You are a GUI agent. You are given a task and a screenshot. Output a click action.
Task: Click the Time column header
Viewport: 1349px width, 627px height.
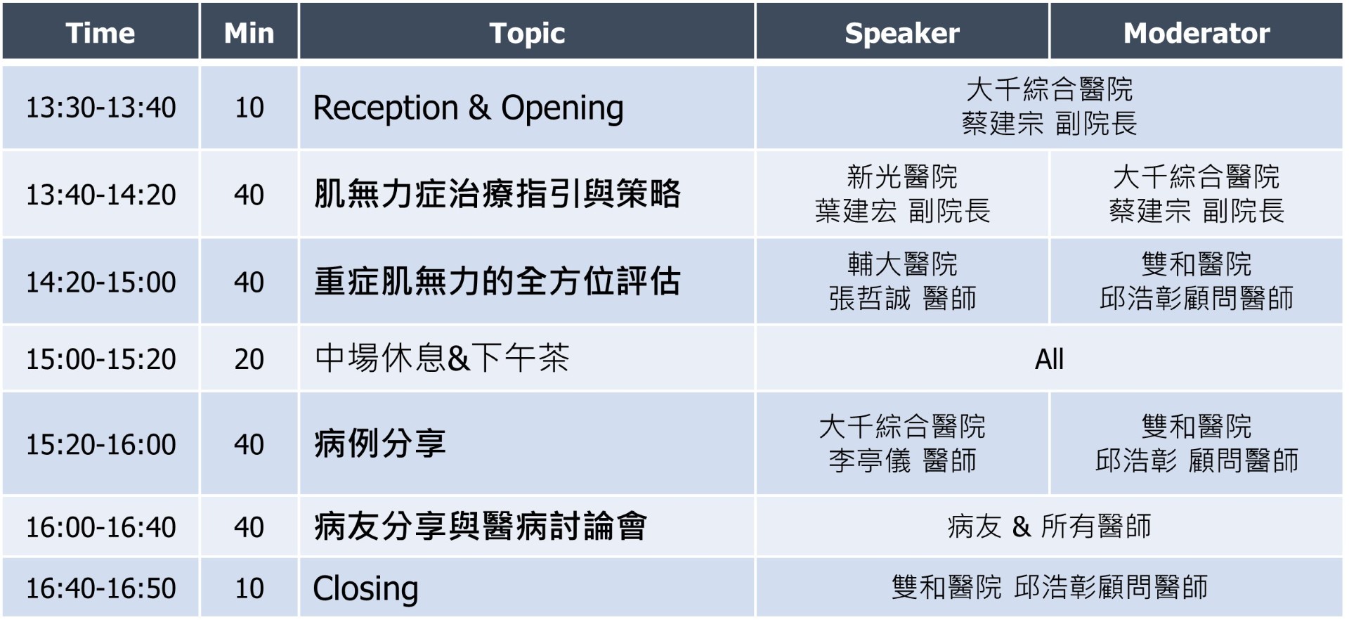[x=100, y=33]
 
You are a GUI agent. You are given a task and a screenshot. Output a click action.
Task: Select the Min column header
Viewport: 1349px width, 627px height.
[x=249, y=33]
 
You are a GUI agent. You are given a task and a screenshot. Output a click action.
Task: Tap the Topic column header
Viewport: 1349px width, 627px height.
[x=527, y=33]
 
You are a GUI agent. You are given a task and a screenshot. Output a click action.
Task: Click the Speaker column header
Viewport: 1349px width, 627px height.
[x=902, y=33]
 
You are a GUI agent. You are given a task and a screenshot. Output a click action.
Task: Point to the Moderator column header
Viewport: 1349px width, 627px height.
[x=1197, y=33]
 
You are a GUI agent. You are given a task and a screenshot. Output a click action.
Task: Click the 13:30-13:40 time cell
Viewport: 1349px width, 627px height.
[x=100, y=108]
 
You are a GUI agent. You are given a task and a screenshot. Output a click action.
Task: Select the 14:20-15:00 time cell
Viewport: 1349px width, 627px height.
[x=100, y=282]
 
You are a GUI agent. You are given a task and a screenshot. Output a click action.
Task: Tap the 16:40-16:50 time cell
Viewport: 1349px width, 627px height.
[x=100, y=588]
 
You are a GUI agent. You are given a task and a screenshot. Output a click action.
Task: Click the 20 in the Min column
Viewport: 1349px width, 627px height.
[x=249, y=359]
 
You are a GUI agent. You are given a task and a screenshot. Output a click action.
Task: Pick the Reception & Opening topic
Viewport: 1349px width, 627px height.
[x=468, y=108]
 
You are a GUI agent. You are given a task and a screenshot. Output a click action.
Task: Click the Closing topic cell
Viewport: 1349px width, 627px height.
[x=365, y=589]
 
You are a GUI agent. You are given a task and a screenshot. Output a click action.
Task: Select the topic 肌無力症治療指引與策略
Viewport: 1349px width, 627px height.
[x=497, y=194]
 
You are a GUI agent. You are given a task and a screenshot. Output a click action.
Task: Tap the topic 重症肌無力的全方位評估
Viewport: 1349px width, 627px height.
[x=497, y=281]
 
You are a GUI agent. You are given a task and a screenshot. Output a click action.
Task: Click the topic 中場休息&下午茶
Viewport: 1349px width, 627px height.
[x=442, y=358]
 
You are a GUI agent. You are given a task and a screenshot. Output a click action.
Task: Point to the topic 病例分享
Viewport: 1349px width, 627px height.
[x=380, y=444]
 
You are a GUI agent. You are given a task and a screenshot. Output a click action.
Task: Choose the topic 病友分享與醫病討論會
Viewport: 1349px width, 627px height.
[x=481, y=526]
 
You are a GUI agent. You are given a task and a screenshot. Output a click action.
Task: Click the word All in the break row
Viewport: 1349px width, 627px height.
[x=1049, y=359]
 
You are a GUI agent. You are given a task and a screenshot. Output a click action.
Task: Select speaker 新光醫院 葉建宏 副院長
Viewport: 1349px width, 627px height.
[x=902, y=193]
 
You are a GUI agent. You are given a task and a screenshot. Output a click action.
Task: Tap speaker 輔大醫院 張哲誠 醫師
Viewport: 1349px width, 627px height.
[x=902, y=281]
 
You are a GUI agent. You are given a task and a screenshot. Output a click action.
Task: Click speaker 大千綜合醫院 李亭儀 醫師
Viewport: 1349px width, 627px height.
[x=902, y=444]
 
